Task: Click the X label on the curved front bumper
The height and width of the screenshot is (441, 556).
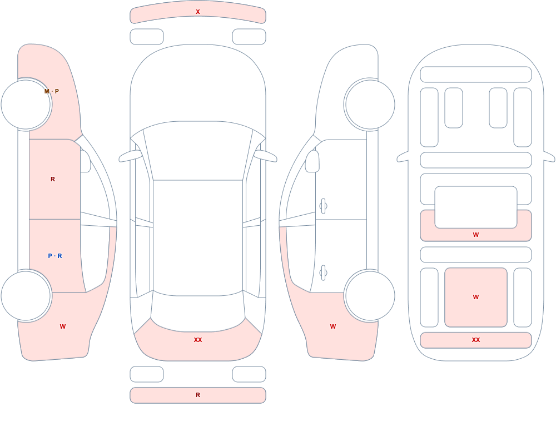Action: tap(198, 12)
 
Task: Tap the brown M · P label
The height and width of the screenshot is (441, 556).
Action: tap(52, 91)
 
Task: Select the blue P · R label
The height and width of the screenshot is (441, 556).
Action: tap(55, 256)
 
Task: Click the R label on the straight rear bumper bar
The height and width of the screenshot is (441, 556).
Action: tap(198, 395)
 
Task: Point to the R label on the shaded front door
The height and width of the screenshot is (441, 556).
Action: tap(53, 179)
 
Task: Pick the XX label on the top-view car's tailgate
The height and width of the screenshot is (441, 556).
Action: tap(198, 340)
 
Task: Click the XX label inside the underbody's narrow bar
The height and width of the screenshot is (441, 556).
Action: tap(476, 340)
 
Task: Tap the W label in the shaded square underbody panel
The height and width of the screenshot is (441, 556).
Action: tap(476, 297)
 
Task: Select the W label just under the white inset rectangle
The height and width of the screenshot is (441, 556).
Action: tap(476, 235)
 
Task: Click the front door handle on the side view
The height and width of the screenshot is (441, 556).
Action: tap(323, 206)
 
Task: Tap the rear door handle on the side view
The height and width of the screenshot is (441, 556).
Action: tap(323, 273)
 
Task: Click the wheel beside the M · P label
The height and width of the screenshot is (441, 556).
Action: tap(26, 105)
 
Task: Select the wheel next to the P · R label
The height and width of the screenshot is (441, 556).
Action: tap(26, 295)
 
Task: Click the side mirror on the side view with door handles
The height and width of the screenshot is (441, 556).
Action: tap(312, 161)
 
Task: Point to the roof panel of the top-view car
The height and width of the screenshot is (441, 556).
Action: tap(198, 237)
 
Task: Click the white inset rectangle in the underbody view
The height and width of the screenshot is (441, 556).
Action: tap(476, 207)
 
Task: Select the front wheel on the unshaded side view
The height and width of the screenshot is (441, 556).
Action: tap(370, 105)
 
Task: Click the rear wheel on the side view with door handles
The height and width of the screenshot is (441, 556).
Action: tap(370, 295)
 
